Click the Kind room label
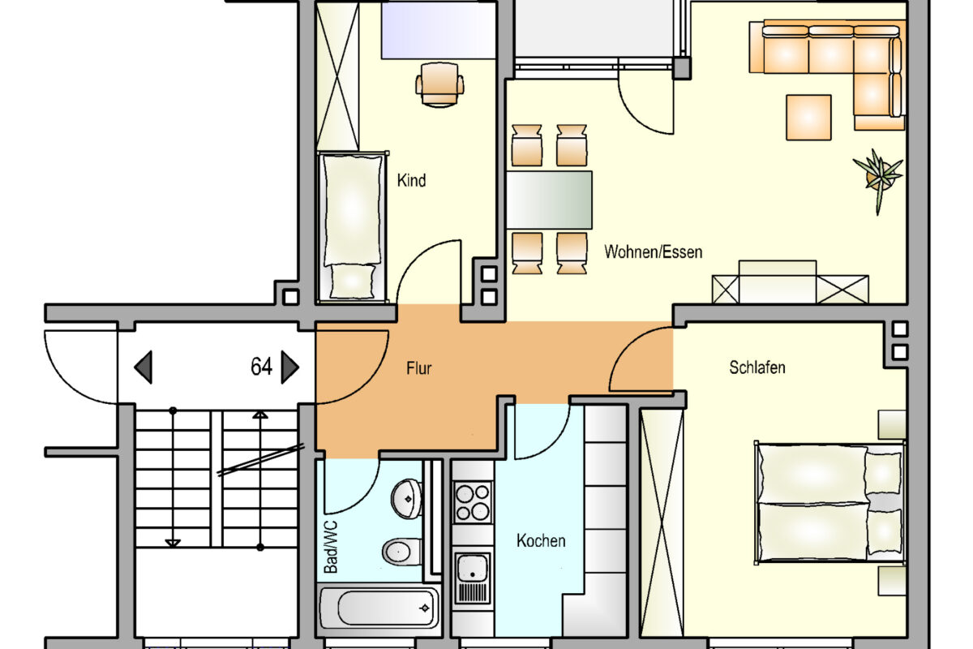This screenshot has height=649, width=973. [411, 180]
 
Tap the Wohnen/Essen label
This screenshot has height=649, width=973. [653, 252]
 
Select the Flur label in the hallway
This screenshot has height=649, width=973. [418, 368]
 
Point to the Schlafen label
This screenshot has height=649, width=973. [757, 367]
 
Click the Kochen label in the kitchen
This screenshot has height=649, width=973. [541, 541]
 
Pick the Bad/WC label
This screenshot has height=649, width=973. [331, 547]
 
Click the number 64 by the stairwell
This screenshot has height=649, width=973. [261, 367]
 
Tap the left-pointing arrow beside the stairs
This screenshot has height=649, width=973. [144, 367]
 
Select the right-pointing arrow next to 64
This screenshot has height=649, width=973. [289, 367]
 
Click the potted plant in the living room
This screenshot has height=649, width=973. [879, 178]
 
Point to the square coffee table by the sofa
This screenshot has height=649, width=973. [808, 118]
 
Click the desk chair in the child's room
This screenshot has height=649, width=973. [439, 84]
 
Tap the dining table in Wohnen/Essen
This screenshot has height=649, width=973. [549, 200]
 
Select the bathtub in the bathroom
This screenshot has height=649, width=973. [379, 608]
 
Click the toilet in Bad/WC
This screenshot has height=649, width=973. [402, 551]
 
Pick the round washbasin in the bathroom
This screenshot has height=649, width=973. [406, 499]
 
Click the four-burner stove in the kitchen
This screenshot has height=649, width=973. [473, 502]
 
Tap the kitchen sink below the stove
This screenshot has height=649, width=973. [473, 578]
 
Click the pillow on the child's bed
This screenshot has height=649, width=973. [352, 281]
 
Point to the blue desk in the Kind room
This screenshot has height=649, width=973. [439, 31]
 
